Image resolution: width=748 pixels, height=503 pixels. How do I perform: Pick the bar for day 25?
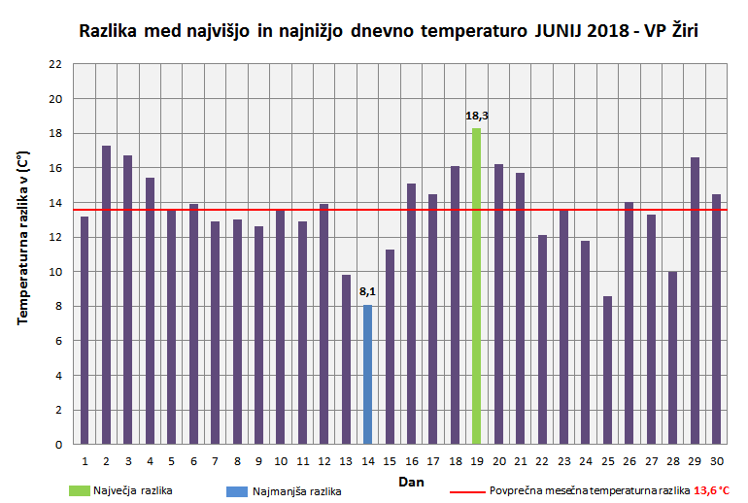coord(607,370)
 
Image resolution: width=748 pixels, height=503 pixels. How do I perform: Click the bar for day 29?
coord(695,301)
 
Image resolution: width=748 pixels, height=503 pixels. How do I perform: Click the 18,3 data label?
coord(476,117)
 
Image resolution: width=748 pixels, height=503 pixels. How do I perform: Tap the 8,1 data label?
coord(367,291)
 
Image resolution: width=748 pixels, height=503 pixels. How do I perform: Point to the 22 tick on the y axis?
coord(55,64)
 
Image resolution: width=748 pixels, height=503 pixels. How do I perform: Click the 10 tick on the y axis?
coord(55,272)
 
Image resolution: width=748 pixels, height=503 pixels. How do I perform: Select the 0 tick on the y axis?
coord(58,445)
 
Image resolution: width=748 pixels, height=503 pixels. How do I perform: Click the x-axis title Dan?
coord(410,481)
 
